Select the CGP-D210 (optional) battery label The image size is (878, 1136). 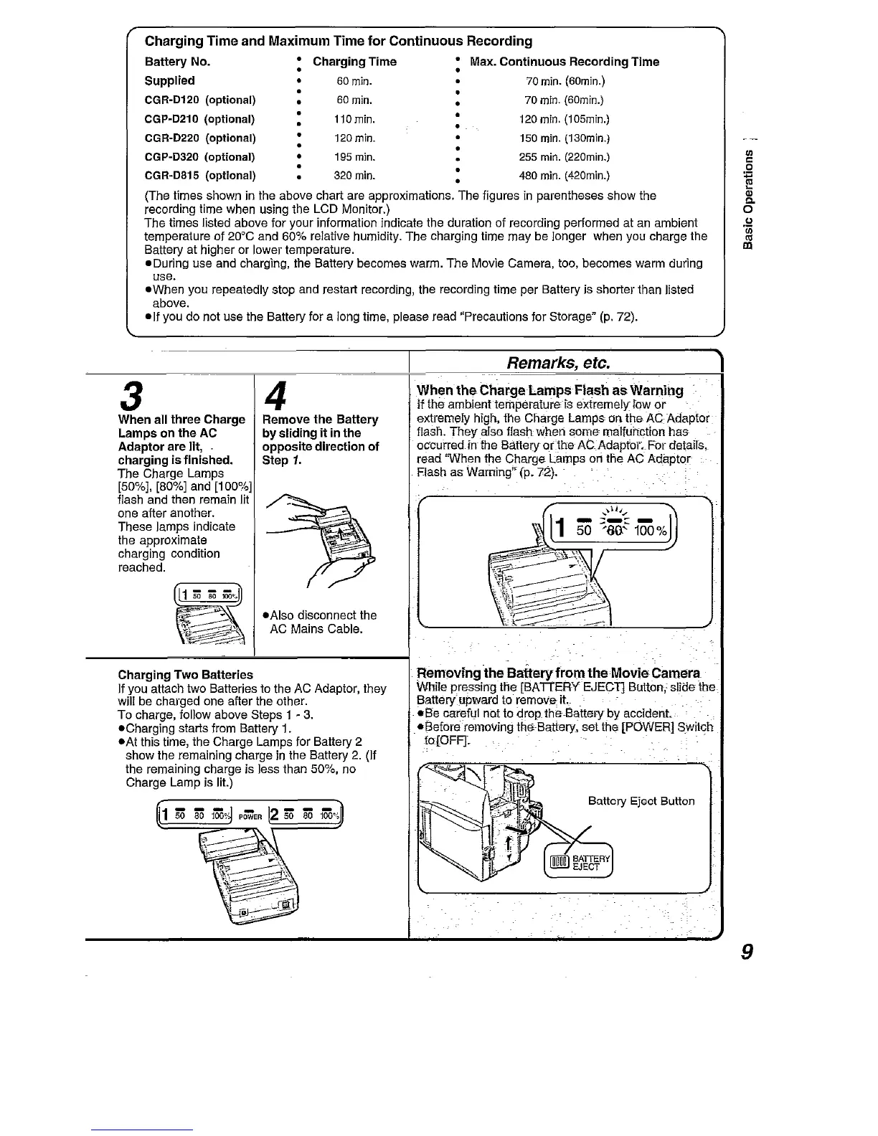pos(200,118)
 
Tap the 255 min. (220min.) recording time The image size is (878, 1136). pos(565,156)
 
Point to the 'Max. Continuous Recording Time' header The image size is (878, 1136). pos(564,62)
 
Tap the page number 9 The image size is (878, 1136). pos(746,952)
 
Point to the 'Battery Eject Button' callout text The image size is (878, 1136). pos(641,801)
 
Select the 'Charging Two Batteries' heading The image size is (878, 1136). pos(185,675)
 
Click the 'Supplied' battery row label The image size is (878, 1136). pos(169,80)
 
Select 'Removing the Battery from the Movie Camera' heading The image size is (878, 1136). pos(559,673)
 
